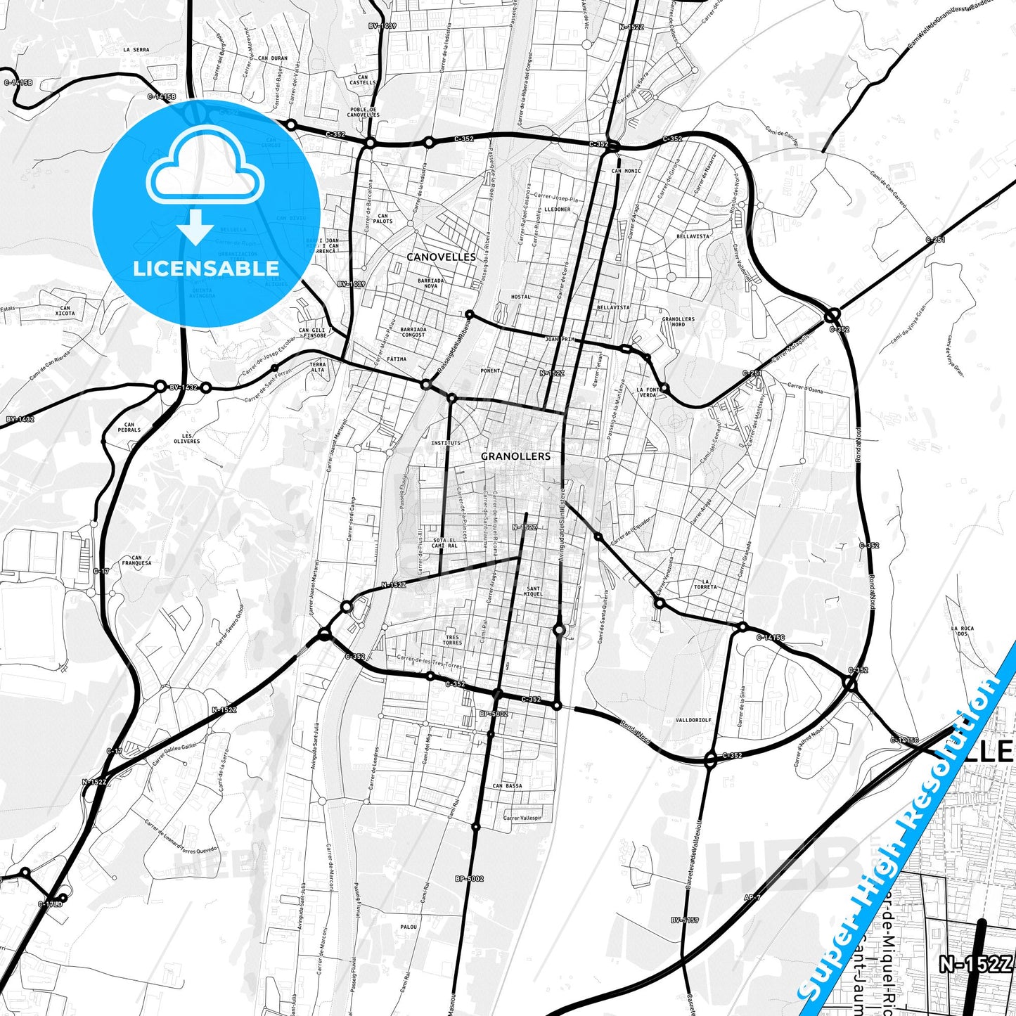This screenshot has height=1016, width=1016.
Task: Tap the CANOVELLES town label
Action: pyautogui.click(x=441, y=257)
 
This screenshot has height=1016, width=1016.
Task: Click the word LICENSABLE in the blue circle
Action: pyautogui.click(x=206, y=269)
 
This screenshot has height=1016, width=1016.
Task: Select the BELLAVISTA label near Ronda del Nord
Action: pyautogui.click(x=693, y=236)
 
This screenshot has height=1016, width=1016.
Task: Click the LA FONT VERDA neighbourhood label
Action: pyautogui.click(x=648, y=392)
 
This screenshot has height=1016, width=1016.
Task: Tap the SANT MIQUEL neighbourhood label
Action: pyautogui.click(x=534, y=591)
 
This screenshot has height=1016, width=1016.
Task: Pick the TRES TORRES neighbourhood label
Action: pyautogui.click(x=452, y=640)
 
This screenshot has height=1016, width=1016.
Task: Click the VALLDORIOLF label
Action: pyautogui.click(x=693, y=720)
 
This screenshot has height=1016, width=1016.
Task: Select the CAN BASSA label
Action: pyautogui.click(x=507, y=786)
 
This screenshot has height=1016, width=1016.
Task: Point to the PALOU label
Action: pyautogui.click(x=409, y=927)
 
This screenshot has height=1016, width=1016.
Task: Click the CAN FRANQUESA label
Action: pyautogui.click(x=136, y=560)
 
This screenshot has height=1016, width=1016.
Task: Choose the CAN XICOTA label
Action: pyautogui.click(x=65, y=311)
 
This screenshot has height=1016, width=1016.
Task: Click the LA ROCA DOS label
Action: pyautogui.click(x=962, y=631)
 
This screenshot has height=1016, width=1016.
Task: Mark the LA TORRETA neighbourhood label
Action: pyautogui.click(x=705, y=584)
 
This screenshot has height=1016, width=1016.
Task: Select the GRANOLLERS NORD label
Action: pyautogui.click(x=678, y=321)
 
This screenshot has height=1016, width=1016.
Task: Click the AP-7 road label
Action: pyautogui.click(x=752, y=898)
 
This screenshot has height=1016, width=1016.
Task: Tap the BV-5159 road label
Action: pyautogui.click(x=684, y=920)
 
